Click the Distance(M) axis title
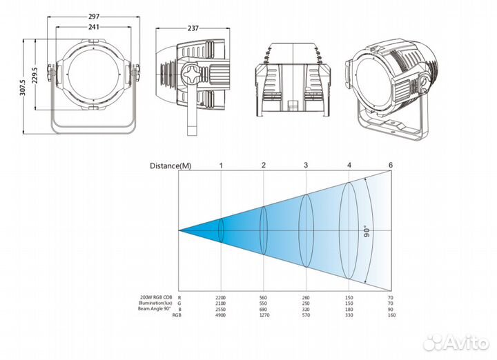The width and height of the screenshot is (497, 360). tap(171, 166)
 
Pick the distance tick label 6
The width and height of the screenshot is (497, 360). tap(390, 166)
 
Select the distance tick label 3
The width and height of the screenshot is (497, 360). tap(306, 166)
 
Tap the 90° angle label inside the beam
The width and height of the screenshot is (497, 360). tap(366, 230)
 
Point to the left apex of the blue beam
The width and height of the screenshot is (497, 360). tap(180, 230)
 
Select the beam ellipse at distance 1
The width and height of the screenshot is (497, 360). tap(221, 230)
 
